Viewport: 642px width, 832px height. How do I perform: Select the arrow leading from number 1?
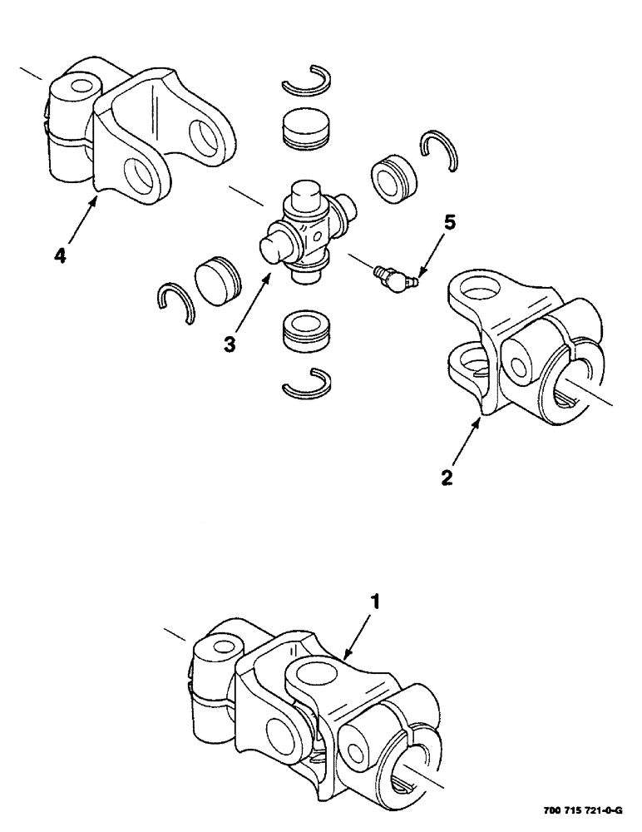pos(358,638)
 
